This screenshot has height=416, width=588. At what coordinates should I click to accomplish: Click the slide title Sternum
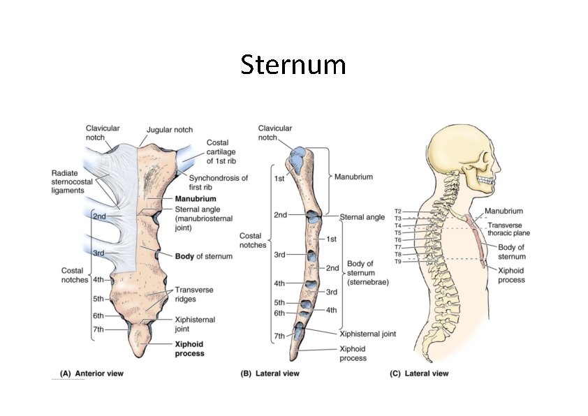click(x=293, y=65)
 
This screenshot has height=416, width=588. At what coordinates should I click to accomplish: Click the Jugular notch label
click(x=170, y=130)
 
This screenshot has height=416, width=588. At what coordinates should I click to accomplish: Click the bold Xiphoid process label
click(x=189, y=348)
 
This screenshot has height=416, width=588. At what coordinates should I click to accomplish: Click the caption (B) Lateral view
click(x=270, y=373)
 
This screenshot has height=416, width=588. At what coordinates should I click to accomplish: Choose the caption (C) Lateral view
click(x=419, y=373)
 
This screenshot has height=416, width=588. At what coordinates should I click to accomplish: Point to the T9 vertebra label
click(x=397, y=261)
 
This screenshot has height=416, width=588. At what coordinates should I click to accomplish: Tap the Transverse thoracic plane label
click(x=509, y=229)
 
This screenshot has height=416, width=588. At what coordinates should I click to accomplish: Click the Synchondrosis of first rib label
click(x=218, y=183)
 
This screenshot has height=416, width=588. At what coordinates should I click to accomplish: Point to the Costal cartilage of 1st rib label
click(x=223, y=151)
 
